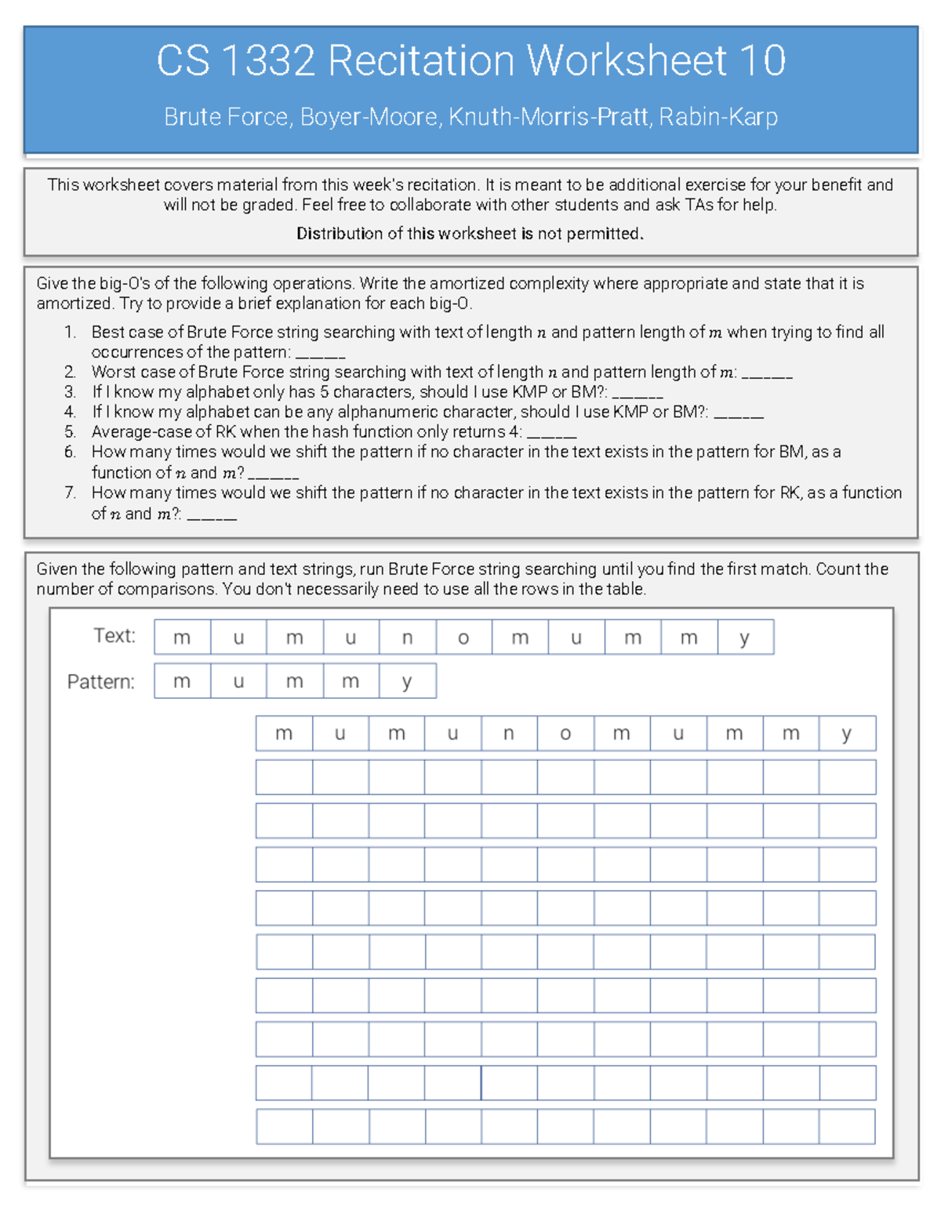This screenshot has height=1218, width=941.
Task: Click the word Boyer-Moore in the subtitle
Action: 368,117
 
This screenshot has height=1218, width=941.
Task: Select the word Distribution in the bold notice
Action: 339,234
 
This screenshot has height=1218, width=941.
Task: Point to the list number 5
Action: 70,432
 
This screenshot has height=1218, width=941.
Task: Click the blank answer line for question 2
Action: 766,374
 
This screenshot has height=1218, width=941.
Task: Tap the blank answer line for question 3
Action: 638,394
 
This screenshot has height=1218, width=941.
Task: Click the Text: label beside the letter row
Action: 114,635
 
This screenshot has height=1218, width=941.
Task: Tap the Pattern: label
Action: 100,682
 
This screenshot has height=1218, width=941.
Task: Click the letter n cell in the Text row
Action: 407,638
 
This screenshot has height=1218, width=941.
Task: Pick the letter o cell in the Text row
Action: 463,638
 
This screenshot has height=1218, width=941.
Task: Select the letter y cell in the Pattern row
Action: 407,682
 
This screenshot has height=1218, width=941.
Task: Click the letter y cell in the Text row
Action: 744,638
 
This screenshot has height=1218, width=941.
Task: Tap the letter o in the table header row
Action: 565,734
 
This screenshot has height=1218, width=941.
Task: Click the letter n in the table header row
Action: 509,734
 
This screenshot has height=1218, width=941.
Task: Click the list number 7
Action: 70,493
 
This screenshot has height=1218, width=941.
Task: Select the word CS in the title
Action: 183,60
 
